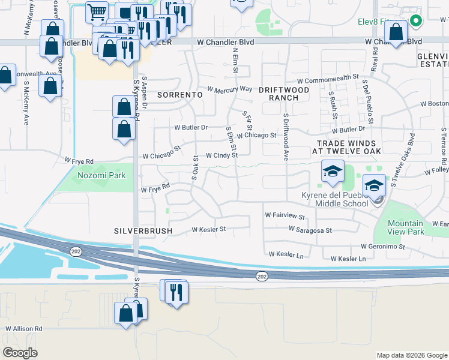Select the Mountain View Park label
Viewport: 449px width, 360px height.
pyautogui.click(x=402, y=227)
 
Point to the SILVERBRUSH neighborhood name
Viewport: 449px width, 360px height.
pyautogui.click(x=143, y=230)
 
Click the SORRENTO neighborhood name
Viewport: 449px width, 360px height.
pyautogui.click(x=179, y=95)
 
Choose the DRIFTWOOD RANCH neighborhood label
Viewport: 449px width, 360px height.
pyautogui.click(x=279, y=93)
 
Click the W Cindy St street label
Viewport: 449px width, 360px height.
pyautogui.click(x=221, y=155)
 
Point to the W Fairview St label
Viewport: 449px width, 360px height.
pyautogui.click(x=285, y=214)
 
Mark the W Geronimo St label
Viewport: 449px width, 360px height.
pyautogui.click(x=385, y=246)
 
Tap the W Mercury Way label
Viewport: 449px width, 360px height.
pyautogui.click(x=229, y=89)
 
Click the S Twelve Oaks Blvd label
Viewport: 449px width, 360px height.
pyautogui.click(x=403, y=159)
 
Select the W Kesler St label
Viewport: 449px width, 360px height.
pyautogui.click(x=208, y=229)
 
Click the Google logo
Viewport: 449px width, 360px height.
pyautogui.click(x=20, y=353)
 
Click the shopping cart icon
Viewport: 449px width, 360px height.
pyautogui.click(x=96, y=11)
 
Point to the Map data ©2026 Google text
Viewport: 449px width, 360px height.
pyautogui.click(x=411, y=355)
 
